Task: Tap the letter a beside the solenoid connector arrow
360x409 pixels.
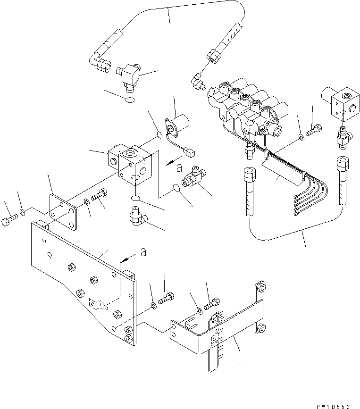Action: (x=178, y=167)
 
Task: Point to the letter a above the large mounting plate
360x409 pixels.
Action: (x=143, y=253)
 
